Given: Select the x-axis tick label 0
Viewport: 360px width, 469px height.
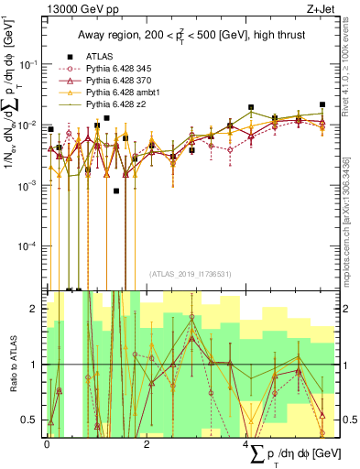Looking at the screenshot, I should (x=47, y=442).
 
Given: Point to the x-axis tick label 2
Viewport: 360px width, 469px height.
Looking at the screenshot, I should (x=147, y=442).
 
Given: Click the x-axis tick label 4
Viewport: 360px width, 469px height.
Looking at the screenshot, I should (x=247, y=442).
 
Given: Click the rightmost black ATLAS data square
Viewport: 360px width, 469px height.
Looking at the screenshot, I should (x=322, y=104).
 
